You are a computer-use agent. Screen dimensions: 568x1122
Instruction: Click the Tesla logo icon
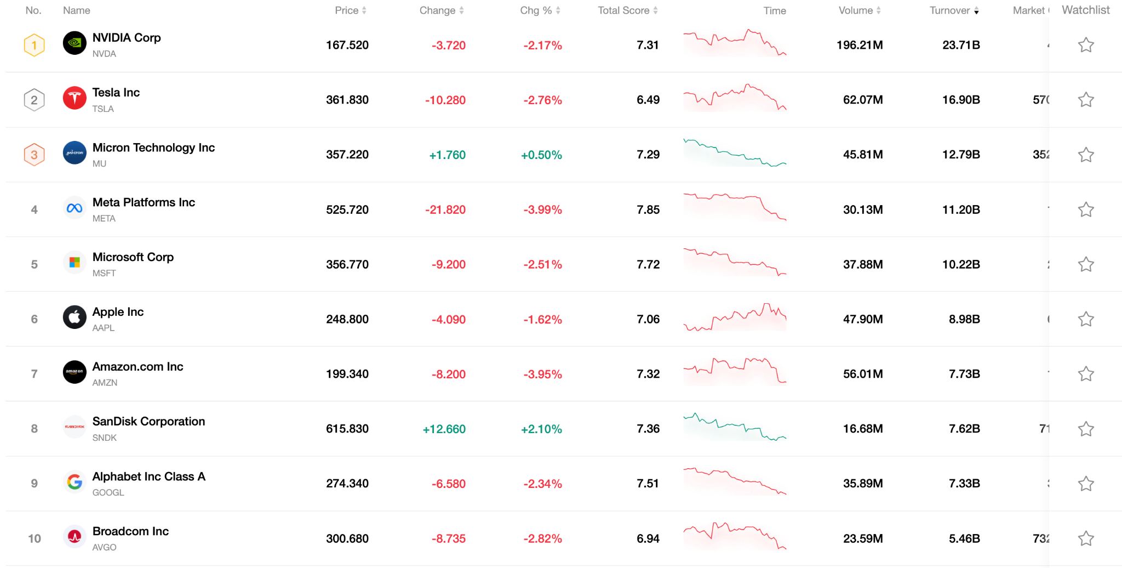(x=75, y=99)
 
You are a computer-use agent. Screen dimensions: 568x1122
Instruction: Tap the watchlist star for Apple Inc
(x=1085, y=319)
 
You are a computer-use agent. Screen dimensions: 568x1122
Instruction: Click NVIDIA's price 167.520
(x=347, y=45)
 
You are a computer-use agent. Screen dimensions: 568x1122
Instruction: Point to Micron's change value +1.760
(x=447, y=155)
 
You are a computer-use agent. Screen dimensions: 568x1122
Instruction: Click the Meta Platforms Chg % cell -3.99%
(x=542, y=210)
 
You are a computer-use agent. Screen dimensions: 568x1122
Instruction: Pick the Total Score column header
(x=623, y=10)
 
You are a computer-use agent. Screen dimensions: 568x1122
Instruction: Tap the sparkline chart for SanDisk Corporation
(x=735, y=428)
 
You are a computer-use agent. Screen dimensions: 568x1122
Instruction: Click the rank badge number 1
(x=34, y=45)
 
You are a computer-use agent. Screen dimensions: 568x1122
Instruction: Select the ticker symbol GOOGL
(x=108, y=492)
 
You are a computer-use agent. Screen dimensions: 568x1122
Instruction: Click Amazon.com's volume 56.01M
(x=862, y=374)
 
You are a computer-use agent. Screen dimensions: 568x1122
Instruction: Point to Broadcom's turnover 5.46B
(x=964, y=538)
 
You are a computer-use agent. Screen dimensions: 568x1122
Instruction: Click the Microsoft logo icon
(x=75, y=263)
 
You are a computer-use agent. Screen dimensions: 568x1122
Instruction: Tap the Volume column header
(x=855, y=10)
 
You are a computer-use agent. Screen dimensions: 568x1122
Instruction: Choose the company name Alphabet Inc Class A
(x=148, y=476)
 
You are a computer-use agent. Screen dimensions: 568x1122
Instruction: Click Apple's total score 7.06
(x=648, y=319)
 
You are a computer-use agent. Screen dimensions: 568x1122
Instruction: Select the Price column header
(x=346, y=10)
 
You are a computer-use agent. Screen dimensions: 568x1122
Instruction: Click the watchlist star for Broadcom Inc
(x=1085, y=538)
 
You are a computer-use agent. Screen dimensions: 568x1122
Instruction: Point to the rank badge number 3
(x=34, y=155)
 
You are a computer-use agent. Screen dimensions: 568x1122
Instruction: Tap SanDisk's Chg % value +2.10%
(x=541, y=429)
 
